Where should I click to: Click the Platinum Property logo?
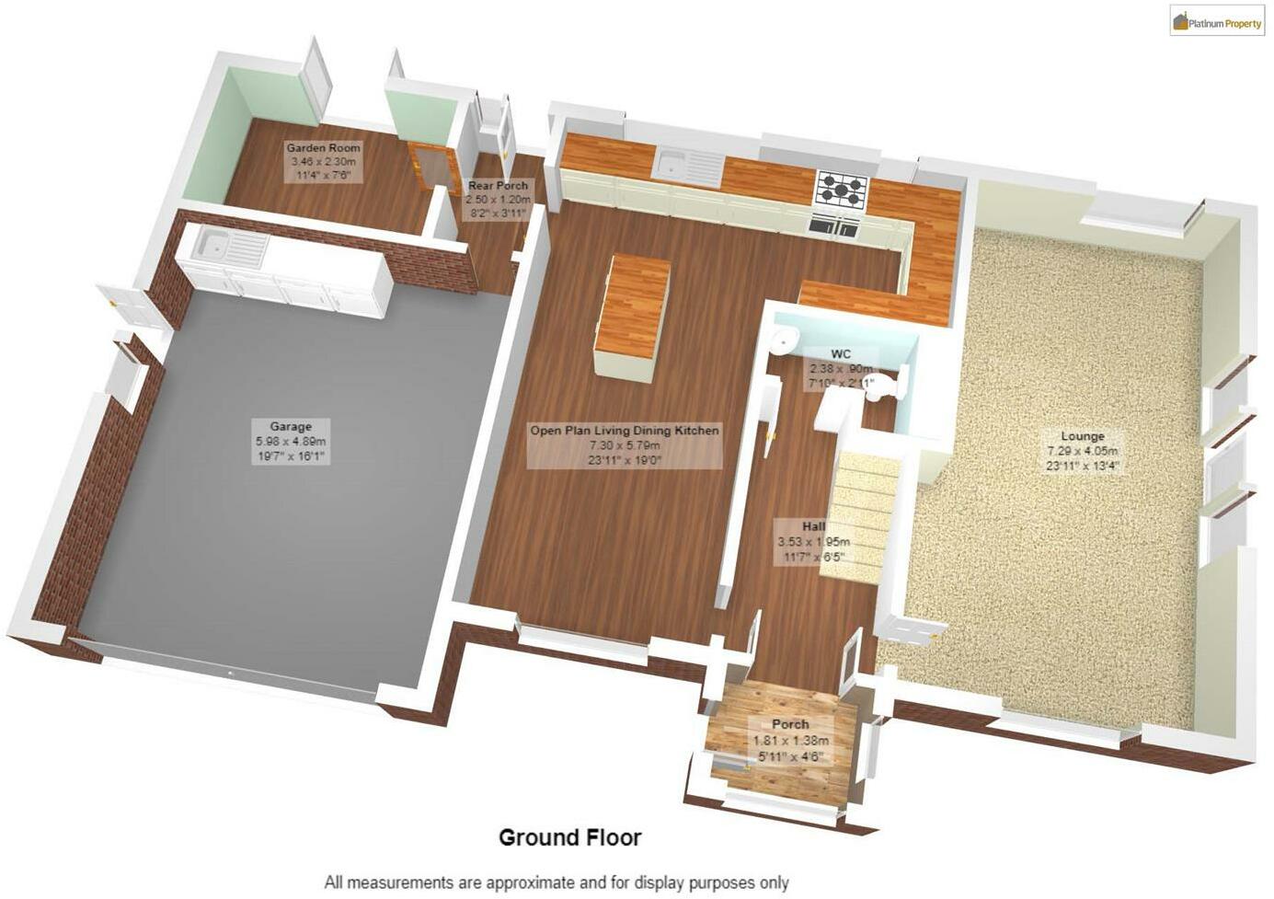pos(1216,21)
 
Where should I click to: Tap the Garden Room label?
pos(323,147)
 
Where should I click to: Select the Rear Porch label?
pos(498,186)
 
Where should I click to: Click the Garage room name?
pos(291,426)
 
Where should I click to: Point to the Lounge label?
pos(1083,436)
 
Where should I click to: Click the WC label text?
pos(840,353)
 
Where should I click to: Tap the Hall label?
pos(813,526)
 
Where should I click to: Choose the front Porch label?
pos(790,724)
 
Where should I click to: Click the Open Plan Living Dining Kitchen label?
pos(625,430)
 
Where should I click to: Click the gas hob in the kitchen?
pos(842,188)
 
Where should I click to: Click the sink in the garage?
pos(213,245)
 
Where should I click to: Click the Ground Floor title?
pos(569,837)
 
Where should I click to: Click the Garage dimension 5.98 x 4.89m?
pos(291,442)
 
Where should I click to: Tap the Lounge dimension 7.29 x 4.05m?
pos(1082,451)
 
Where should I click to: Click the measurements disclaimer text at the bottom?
pos(556,882)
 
